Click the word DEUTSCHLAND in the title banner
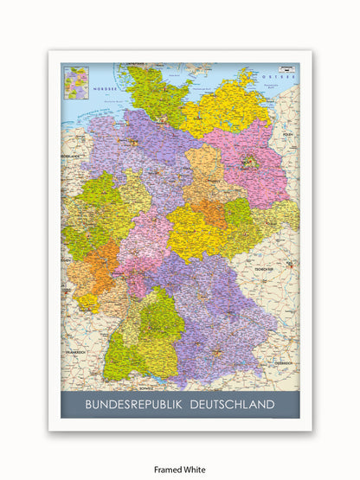point(227,404)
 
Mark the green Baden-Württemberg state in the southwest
point(143,337)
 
